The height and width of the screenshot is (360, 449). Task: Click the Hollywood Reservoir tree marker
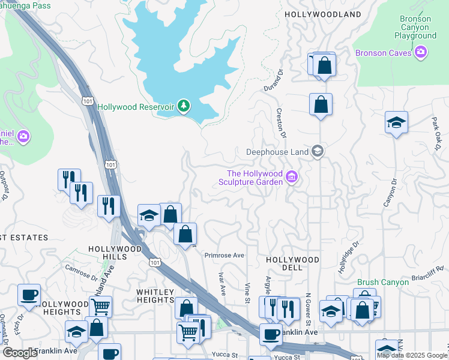click(184, 107)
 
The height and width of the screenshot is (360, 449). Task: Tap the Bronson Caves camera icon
click(421, 53)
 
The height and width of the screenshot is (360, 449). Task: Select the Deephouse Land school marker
click(318, 152)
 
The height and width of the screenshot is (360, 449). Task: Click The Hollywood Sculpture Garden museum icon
click(292, 177)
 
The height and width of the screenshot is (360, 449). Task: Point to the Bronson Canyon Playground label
click(415, 27)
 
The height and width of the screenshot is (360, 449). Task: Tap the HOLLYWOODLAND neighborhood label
click(323, 14)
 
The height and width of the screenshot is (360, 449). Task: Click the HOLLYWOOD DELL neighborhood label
click(292, 260)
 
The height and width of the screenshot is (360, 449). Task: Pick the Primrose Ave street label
click(224, 255)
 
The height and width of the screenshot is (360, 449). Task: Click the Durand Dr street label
click(273, 80)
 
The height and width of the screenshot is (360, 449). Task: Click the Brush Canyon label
click(384, 282)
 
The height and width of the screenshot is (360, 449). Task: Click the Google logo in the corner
click(20, 353)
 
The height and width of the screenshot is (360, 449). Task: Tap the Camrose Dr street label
click(80, 273)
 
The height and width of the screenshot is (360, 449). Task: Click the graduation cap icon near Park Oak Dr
click(396, 122)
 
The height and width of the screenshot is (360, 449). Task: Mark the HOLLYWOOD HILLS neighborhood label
click(107, 252)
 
